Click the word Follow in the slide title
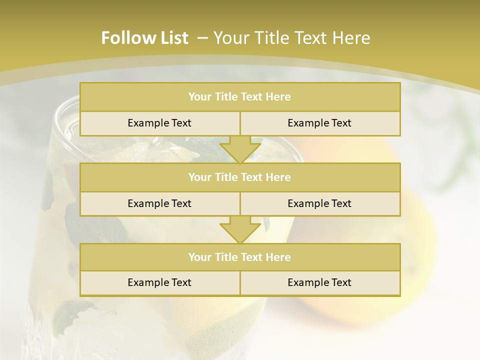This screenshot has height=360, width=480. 124,38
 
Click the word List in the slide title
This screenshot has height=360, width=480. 171,38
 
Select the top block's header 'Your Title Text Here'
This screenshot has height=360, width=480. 239,97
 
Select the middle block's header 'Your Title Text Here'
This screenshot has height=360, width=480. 239,177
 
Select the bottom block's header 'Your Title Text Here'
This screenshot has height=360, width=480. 239,257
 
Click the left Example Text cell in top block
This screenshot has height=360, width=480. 159,123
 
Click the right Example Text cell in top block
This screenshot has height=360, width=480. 319,123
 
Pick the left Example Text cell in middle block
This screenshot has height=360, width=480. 159,203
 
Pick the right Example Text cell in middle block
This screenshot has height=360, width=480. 319,203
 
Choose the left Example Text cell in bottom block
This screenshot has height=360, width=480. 159,282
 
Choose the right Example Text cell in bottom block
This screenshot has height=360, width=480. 319,282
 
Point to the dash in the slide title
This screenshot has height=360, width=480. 203,38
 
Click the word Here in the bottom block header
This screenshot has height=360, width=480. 279,257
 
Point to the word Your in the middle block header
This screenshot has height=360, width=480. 198,177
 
